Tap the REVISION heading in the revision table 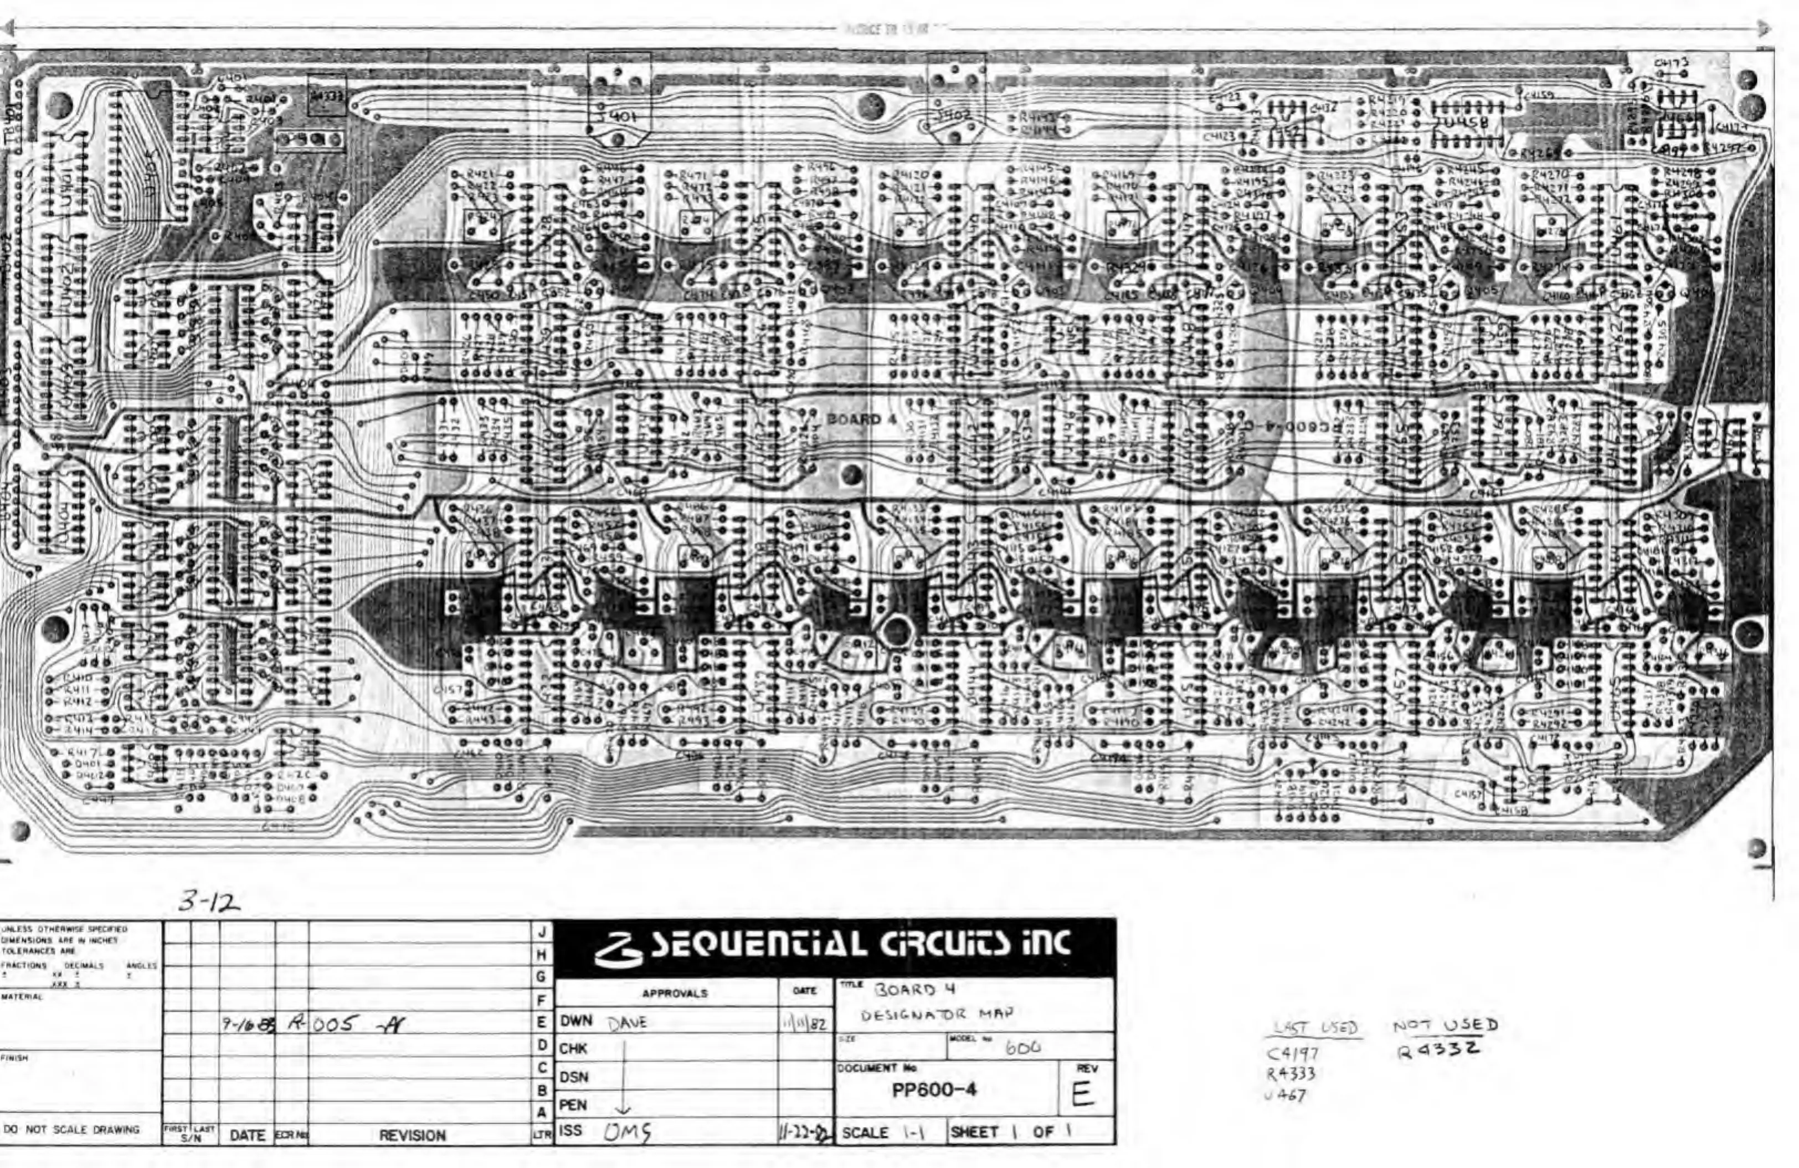pyautogui.click(x=412, y=1135)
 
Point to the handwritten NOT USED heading pyautogui.click(x=1445, y=1025)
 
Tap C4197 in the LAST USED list pyautogui.click(x=1293, y=1054)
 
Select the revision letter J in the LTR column pyautogui.click(x=541, y=931)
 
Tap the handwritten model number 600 pyautogui.click(x=1022, y=1048)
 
